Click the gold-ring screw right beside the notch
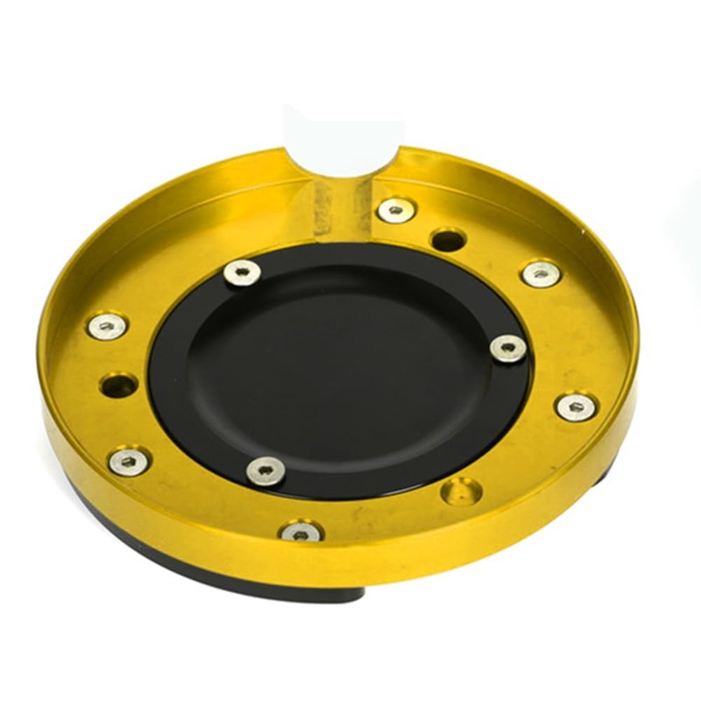[396, 209]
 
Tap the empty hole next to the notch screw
[448, 237]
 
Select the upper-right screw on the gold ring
[541, 273]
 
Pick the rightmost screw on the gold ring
[576, 406]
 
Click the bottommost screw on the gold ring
[301, 531]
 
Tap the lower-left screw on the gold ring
[129, 461]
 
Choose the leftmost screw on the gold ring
[107, 326]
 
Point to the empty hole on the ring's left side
[118, 385]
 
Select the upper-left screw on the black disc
[242, 273]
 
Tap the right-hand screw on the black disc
[508, 348]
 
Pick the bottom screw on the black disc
[265, 471]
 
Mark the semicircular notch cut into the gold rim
[343, 158]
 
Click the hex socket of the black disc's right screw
[509, 348]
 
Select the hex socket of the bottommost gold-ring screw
[301, 533]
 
